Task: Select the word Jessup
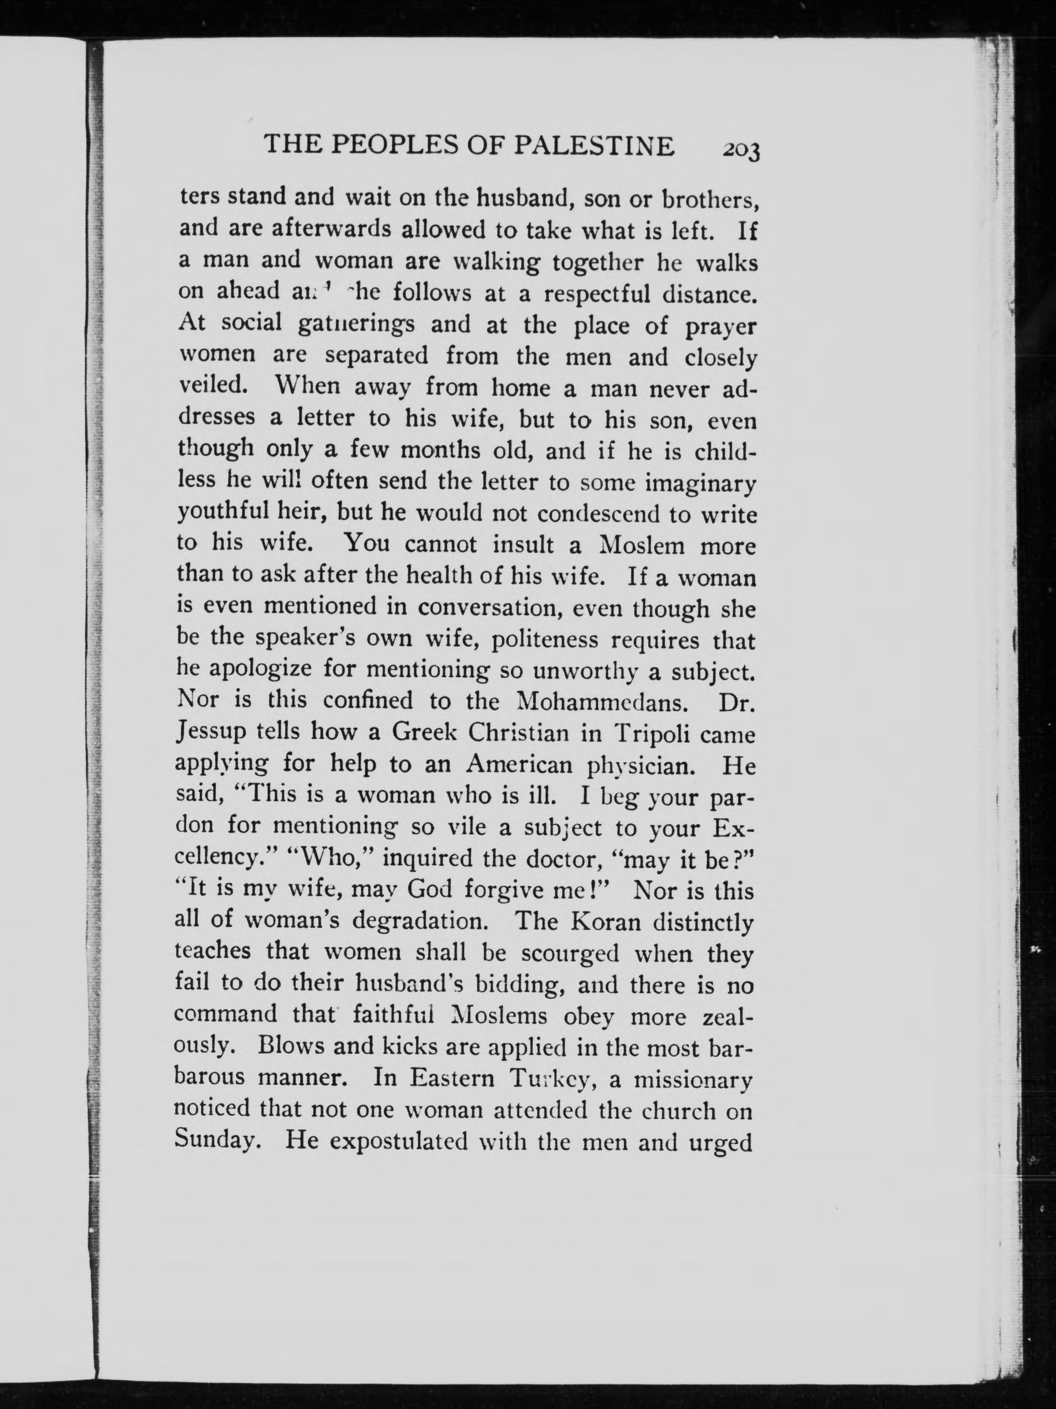pyautogui.click(x=210, y=733)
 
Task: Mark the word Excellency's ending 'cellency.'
pyautogui.click(x=219, y=859)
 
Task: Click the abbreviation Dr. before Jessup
pyautogui.click(x=737, y=701)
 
